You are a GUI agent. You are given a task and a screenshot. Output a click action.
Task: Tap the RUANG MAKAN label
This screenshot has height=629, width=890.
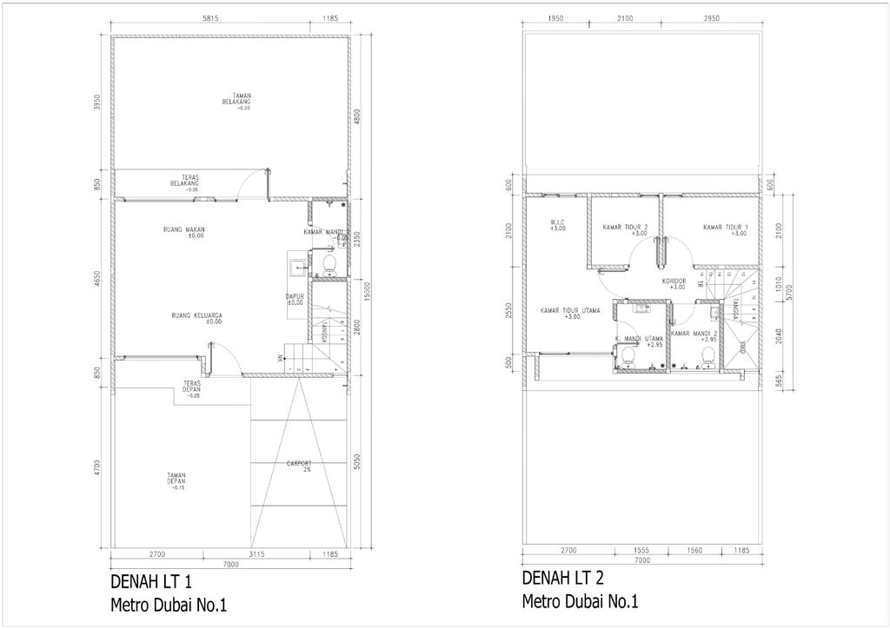[183, 231]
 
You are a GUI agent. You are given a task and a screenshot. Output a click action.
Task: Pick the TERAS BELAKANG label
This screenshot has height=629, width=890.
[185, 182]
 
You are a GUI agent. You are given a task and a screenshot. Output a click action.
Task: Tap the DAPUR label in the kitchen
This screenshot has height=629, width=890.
[295, 299]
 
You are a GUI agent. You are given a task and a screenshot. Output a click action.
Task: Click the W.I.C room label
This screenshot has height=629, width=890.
[558, 225]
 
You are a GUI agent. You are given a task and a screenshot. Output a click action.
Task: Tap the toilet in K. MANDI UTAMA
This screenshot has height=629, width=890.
[628, 356]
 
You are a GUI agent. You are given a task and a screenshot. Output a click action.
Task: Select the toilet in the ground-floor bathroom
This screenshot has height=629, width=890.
[329, 262]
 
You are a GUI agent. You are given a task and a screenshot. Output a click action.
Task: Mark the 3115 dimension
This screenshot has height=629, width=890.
[256, 553]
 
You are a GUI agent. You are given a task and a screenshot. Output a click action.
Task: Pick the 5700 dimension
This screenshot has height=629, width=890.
[787, 293]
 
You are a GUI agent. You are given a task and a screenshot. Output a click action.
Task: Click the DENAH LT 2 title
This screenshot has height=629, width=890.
[562, 579]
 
